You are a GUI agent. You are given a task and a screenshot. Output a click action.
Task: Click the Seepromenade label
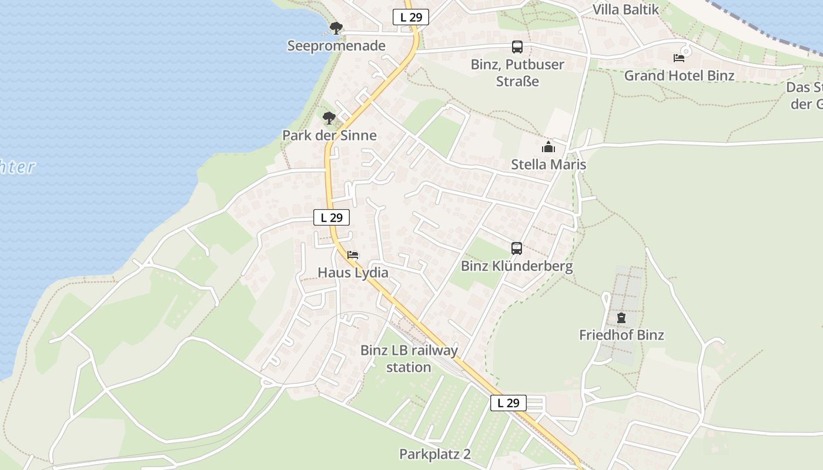pyautogui.click(x=336, y=46)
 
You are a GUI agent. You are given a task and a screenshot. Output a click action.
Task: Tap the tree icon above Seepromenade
pyautogui.click(x=336, y=28)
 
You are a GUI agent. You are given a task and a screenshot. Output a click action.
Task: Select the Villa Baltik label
pyautogui.click(x=625, y=9)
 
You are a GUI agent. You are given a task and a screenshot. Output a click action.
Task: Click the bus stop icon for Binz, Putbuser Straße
pyautogui.click(x=517, y=47)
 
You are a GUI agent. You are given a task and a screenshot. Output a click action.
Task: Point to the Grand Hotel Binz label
pyautogui.click(x=679, y=76)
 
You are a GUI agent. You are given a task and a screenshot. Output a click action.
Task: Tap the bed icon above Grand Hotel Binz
pyautogui.click(x=679, y=58)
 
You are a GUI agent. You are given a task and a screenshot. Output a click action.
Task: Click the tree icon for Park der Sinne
pyautogui.click(x=329, y=118)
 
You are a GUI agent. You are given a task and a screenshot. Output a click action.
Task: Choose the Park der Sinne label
pyautogui.click(x=329, y=136)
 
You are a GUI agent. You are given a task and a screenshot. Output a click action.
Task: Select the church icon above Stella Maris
pyautogui.click(x=548, y=146)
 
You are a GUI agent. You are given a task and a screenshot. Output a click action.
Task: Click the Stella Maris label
pyautogui.click(x=548, y=164)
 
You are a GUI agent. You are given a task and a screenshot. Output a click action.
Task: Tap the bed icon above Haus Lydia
pyautogui.click(x=353, y=255)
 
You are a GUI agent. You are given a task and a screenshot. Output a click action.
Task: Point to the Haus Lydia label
pyautogui.click(x=353, y=273)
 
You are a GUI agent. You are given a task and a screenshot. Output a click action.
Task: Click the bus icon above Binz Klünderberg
pyautogui.click(x=517, y=249)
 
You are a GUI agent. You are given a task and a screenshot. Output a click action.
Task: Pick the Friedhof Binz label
pyautogui.click(x=621, y=335)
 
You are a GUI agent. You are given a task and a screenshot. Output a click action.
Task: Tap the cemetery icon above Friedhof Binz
pyautogui.click(x=621, y=318)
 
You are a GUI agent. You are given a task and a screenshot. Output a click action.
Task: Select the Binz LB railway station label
pyautogui.click(x=409, y=359)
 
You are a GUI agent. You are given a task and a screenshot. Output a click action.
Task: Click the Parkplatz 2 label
pyautogui.click(x=435, y=454)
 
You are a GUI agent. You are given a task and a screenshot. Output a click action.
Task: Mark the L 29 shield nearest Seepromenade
pyautogui.click(x=411, y=17)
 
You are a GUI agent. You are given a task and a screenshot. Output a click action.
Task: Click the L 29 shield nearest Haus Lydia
pyautogui.click(x=332, y=217)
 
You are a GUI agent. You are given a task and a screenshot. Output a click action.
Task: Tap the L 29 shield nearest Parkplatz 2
pyautogui.click(x=508, y=403)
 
